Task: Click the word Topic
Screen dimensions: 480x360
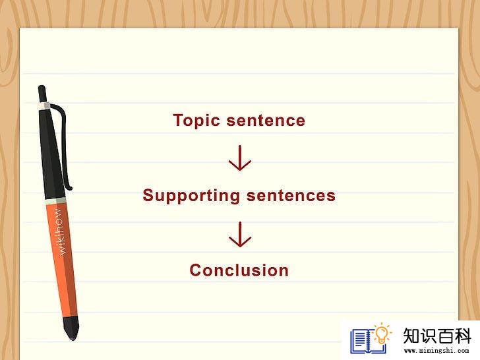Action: [x=196, y=121]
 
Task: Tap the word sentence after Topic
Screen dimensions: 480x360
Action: [x=266, y=120]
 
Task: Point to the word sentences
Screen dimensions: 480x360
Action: [x=291, y=196]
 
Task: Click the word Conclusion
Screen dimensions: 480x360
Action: [x=239, y=270]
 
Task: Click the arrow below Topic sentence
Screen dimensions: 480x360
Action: [x=240, y=158]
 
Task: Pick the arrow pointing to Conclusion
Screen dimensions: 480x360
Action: [x=240, y=235]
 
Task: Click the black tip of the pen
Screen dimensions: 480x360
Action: [x=71, y=328]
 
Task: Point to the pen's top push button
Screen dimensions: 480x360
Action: [x=42, y=94]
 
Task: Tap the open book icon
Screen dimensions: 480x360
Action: [x=368, y=341]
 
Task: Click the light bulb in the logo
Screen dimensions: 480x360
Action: [x=382, y=334]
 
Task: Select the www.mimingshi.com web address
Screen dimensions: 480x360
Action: [x=436, y=351]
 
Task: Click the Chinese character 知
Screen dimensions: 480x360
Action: [x=411, y=336]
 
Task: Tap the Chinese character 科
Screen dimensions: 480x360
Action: [x=462, y=336]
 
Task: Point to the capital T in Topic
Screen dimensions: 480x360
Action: [x=179, y=120]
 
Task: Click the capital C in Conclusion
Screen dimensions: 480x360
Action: [x=196, y=270]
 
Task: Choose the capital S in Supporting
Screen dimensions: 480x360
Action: [x=148, y=195]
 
